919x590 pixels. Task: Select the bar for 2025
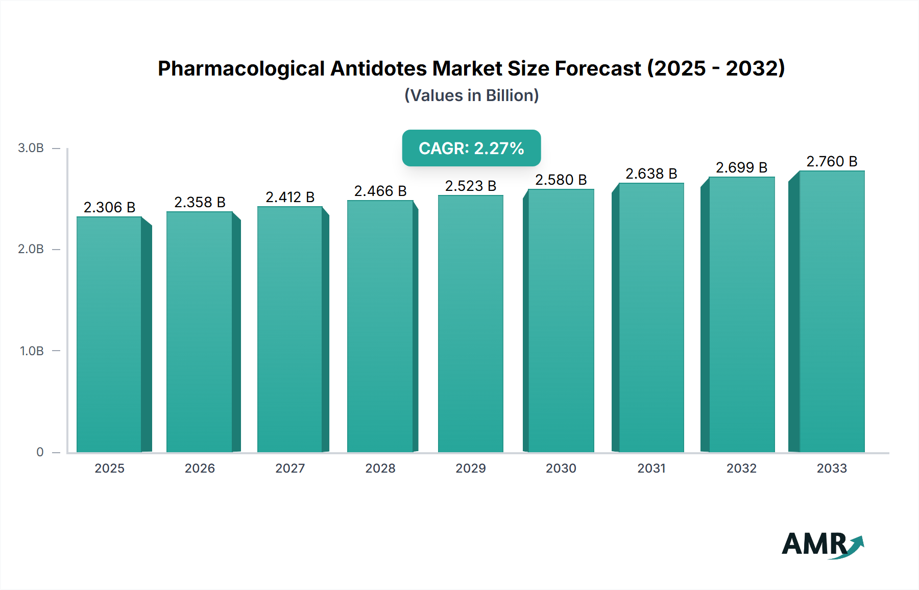pos(109,334)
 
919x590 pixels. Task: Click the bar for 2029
pos(470,324)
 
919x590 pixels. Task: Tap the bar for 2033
pos(832,311)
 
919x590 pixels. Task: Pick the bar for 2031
pos(651,317)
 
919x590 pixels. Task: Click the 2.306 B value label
pos(109,207)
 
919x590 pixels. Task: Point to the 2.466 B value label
pos(380,191)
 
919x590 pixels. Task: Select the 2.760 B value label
pos(832,161)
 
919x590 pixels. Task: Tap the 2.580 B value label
pos(561,180)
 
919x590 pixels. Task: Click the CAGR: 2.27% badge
pos(471,148)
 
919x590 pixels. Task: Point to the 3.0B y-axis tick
pos(31,148)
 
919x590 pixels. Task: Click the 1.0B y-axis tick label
pos(32,351)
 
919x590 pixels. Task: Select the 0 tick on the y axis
pos(40,452)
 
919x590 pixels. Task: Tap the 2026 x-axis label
pos(200,468)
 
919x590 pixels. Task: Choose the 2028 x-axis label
pos(380,468)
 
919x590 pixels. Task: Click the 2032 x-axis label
pos(741,468)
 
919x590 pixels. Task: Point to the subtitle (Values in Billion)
pos(471,95)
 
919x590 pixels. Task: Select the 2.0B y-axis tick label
pos(31,249)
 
